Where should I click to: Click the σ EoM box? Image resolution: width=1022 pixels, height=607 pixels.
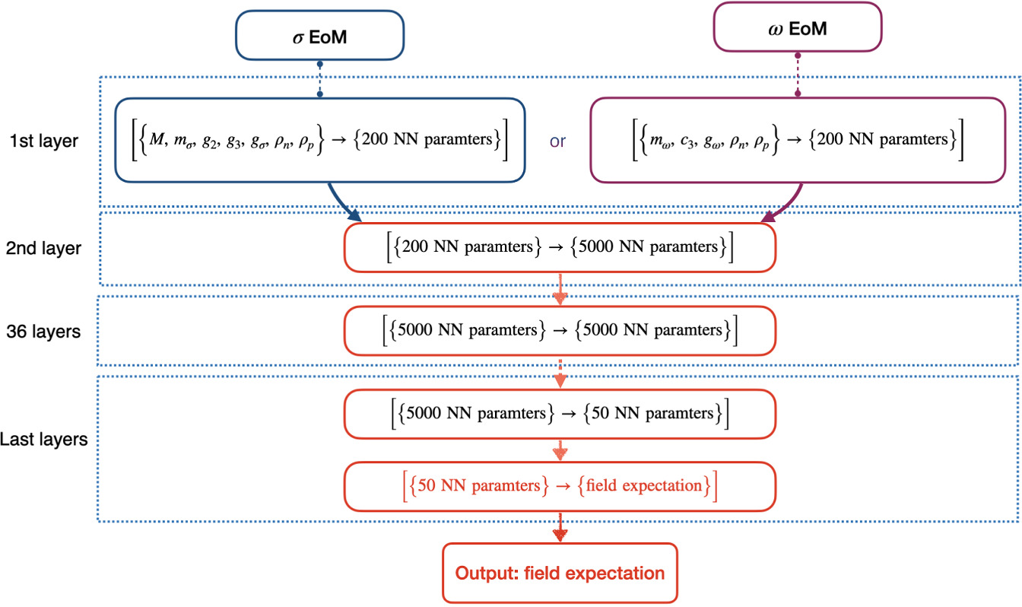point(319,34)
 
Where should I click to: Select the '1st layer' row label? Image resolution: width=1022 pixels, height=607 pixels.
point(44,141)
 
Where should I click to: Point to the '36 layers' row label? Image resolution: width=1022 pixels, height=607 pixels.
point(45,332)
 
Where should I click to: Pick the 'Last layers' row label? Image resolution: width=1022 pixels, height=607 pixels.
point(44,440)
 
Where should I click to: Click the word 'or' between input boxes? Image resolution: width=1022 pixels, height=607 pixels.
point(557,141)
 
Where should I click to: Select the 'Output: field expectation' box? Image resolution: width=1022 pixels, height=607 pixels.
point(560,573)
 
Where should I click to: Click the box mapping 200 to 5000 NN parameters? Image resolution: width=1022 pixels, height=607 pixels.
point(560,246)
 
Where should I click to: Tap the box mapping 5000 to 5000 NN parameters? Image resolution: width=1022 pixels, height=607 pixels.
point(560,331)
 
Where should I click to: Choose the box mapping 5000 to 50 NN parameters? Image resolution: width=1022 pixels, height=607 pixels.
point(560,414)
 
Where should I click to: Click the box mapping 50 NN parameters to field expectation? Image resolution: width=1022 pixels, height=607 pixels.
point(560,485)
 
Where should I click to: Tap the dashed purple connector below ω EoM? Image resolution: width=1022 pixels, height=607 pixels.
point(797,75)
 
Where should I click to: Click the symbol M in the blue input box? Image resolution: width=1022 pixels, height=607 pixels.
point(156,140)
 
